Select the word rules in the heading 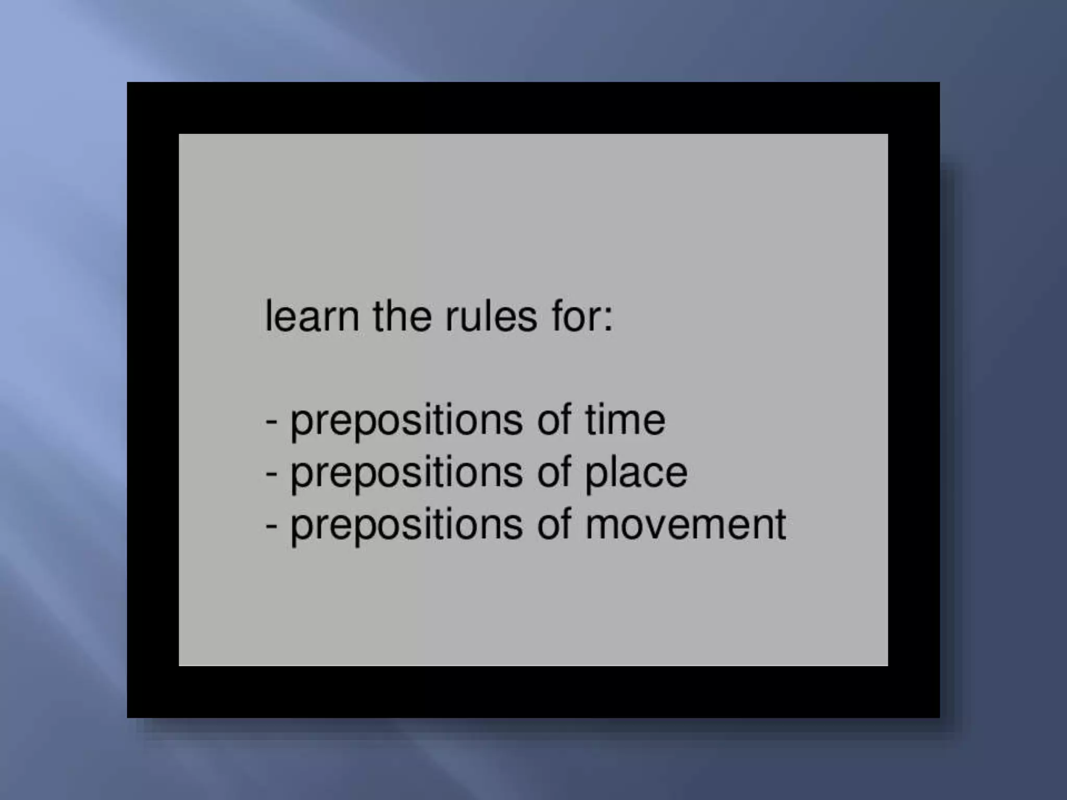pos(491,316)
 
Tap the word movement pos(685,524)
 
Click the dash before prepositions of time pos(271,421)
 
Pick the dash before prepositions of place pos(271,473)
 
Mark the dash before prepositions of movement pos(271,526)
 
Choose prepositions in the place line pos(406,473)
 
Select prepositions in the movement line pos(406,526)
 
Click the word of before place pos(554,472)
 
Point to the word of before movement pos(554,524)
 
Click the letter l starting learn pos(269,316)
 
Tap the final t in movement pos(780,524)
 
